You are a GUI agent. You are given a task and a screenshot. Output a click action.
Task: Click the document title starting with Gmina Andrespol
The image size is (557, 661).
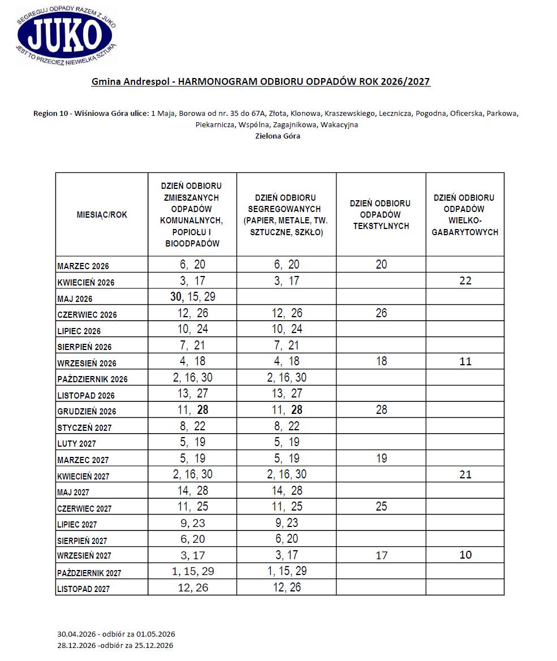click(261, 82)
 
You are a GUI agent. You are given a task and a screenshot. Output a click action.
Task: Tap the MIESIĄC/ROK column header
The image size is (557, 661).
click(102, 214)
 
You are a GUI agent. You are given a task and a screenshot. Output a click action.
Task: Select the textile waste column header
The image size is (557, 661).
click(381, 214)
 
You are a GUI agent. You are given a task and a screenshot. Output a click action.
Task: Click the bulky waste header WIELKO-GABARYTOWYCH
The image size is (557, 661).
click(465, 214)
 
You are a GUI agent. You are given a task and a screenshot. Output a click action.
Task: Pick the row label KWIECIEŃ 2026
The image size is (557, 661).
click(84, 282)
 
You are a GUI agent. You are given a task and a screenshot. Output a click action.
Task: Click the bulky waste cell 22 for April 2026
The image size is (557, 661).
click(465, 281)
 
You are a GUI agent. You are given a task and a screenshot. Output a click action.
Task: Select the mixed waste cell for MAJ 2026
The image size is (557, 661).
click(192, 297)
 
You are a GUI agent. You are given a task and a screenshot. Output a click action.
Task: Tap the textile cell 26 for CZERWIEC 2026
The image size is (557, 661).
click(381, 313)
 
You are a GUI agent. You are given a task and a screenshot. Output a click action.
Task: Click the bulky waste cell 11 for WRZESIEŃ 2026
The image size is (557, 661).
click(465, 361)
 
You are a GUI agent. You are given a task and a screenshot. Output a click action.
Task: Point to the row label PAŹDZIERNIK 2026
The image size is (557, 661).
click(92, 379)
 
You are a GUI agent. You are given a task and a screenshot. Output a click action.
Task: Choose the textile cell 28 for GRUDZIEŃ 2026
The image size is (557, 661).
click(381, 410)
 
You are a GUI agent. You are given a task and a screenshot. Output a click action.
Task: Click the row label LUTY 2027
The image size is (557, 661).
click(76, 444)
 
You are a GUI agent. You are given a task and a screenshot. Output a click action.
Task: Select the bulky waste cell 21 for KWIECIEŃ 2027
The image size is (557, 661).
click(465, 474)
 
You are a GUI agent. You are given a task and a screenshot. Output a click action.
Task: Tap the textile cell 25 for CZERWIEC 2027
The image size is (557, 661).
click(381, 507)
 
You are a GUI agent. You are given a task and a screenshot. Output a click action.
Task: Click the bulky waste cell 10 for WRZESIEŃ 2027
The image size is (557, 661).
click(465, 555)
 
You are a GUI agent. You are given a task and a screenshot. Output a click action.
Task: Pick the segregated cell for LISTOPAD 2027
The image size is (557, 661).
click(287, 587)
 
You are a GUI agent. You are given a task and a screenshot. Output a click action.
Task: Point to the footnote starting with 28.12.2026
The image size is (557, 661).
click(115, 645)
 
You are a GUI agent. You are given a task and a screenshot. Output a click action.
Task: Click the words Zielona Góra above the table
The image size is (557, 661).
click(277, 136)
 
